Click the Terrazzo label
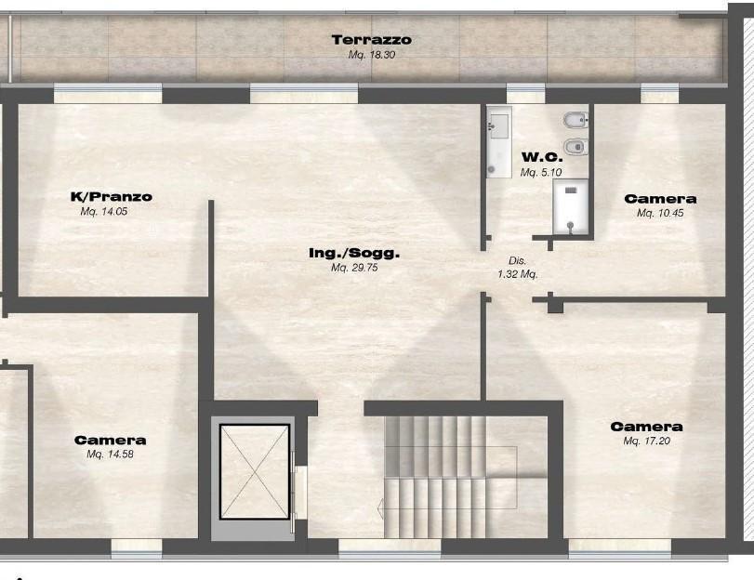tap(371, 40)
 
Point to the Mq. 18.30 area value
tap(371, 56)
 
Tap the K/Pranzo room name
tap(111, 197)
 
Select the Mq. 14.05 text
tap(103, 212)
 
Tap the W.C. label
tap(543, 157)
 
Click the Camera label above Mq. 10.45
tap(660, 199)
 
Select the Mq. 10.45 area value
tap(660, 214)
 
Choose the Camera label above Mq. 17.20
tap(646, 427)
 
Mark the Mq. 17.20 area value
tap(646, 442)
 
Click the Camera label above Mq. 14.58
tap(110, 440)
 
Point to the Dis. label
tap(518, 261)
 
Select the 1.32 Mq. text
tap(518, 274)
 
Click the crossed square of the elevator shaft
tap(254, 471)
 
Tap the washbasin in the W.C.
tap(497, 125)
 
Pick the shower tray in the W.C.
tap(571, 205)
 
